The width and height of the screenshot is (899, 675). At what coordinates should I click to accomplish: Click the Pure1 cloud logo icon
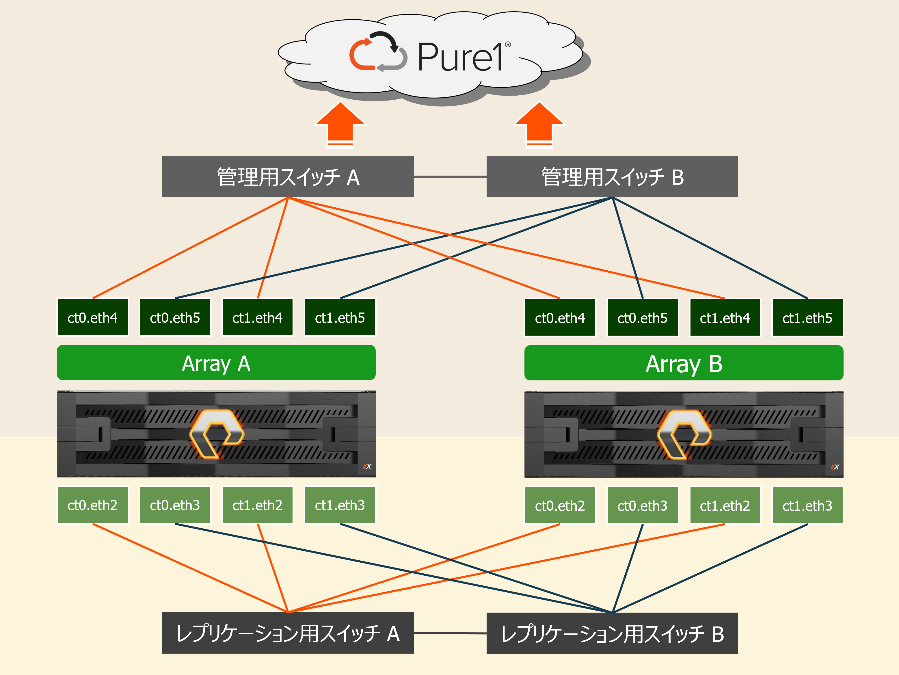click(378, 52)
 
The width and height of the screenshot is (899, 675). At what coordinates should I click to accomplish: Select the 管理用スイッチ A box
click(288, 177)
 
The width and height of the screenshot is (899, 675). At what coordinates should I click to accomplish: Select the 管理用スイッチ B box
click(612, 177)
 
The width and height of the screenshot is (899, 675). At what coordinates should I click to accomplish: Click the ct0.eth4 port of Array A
click(93, 317)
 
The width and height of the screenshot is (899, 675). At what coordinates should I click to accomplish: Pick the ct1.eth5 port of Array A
click(340, 317)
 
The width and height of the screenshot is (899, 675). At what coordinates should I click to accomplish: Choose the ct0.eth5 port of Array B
click(643, 318)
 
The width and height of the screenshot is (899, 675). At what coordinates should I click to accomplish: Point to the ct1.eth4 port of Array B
click(725, 318)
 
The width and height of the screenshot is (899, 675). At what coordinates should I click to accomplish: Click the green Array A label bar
click(216, 363)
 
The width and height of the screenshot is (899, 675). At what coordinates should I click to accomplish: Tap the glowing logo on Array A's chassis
click(217, 434)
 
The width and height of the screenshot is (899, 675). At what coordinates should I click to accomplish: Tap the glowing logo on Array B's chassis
click(684, 434)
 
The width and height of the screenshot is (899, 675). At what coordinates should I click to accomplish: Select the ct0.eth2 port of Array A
click(93, 505)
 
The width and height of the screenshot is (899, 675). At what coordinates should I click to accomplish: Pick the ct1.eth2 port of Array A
click(258, 505)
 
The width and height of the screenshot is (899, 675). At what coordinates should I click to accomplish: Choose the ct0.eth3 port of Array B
click(643, 505)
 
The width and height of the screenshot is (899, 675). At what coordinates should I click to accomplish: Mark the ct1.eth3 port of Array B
click(807, 505)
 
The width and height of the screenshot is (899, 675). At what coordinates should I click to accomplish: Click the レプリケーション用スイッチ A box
click(288, 633)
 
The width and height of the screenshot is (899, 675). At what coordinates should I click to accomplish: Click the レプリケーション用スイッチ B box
click(612, 633)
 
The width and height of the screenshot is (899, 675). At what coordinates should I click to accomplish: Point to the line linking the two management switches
click(450, 177)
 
